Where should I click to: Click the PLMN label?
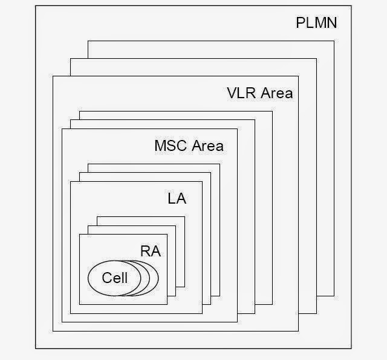pyautogui.click(x=316, y=24)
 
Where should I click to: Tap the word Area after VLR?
pyautogui.click(x=276, y=93)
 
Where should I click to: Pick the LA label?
pyautogui.click(x=177, y=198)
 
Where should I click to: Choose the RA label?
pyautogui.click(x=151, y=252)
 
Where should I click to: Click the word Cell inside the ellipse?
pyautogui.click(x=115, y=278)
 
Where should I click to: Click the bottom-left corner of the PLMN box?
pyautogui.click(x=36, y=348)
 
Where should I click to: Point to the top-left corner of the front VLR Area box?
pyautogui.click(x=53, y=76)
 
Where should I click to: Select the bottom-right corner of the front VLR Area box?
pyautogui.click(x=298, y=332)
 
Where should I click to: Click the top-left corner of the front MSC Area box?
pyautogui.click(x=62, y=128)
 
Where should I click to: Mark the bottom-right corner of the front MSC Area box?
pyautogui.click(x=237, y=322)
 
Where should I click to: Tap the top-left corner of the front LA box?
pyautogui.click(x=70, y=181)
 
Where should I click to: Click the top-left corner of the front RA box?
pyautogui.click(x=79, y=234)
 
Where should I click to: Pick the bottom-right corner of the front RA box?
pyautogui.click(x=167, y=305)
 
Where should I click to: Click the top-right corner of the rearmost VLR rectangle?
pyautogui.click(x=334, y=41)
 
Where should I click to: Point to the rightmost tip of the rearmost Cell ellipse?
pyautogui.click(x=158, y=279)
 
